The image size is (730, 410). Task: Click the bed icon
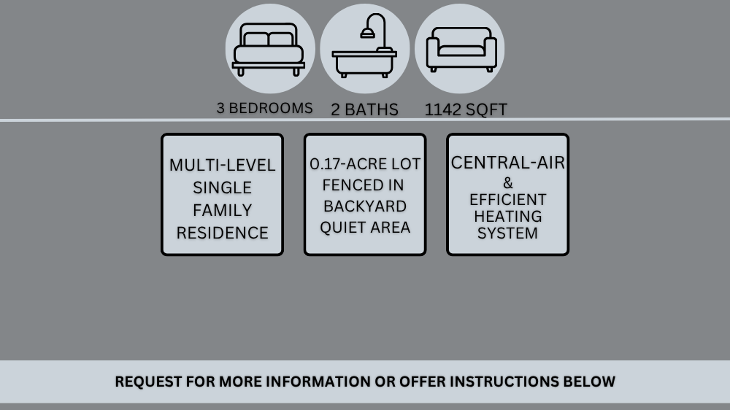tap(269, 50)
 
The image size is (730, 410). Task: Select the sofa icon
tap(461, 50)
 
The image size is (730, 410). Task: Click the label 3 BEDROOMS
tap(264, 108)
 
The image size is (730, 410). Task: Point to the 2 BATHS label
tap(364, 110)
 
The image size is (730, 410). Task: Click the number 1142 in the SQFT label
tap(442, 110)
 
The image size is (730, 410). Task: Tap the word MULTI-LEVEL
tap(222, 166)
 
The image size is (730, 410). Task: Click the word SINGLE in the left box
tap(222, 188)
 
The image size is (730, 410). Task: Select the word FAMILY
tap(222, 211)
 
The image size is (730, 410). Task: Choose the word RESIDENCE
tap(222, 233)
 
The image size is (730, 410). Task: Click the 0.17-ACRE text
tap(344, 164)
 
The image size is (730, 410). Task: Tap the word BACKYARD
tap(364, 206)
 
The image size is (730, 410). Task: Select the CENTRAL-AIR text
tap(507, 163)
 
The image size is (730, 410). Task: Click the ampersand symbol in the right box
tap(507, 183)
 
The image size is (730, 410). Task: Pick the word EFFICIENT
tap(507, 199)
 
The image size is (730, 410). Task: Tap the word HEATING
tap(507, 217)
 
